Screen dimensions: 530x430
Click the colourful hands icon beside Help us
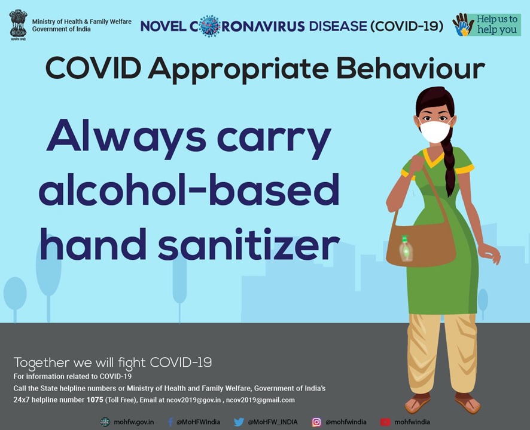(463, 24)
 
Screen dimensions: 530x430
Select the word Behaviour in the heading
(411, 69)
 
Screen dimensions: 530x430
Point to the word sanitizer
(248, 244)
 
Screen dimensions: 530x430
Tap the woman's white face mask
(435, 131)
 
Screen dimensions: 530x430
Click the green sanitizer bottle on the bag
(406, 248)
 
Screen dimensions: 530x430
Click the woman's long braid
(449, 165)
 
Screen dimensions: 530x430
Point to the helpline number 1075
(95, 400)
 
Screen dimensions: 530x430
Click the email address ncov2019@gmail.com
(260, 400)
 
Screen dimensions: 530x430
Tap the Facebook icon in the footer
(170, 422)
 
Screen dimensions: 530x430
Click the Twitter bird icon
(239, 422)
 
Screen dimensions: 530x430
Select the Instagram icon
(316, 422)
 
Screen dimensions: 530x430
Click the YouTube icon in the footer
(385, 422)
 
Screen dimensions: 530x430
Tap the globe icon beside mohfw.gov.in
(105, 422)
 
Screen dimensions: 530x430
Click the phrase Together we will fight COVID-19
(112, 363)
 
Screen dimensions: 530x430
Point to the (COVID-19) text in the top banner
(407, 26)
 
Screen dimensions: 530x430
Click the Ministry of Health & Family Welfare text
(82, 21)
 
